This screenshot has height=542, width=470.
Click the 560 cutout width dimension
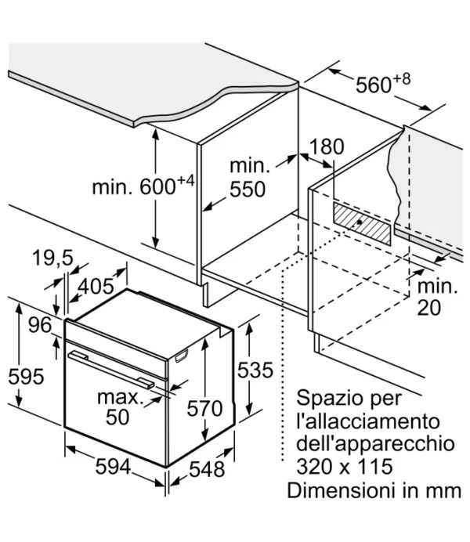pyautogui.click(x=383, y=83)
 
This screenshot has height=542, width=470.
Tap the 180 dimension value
pyautogui.click(x=326, y=146)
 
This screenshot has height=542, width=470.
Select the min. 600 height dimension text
pyautogui.click(x=143, y=186)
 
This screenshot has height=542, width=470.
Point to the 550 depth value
pyautogui.click(x=248, y=190)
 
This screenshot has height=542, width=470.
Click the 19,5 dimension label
pyautogui.click(x=52, y=258)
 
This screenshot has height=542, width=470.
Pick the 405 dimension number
pyautogui.click(x=96, y=287)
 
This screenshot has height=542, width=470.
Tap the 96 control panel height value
pyautogui.click(x=40, y=325)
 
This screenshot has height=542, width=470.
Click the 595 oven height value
pyautogui.click(x=27, y=377)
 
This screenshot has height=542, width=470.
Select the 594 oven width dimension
pyautogui.click(x=113, y=467)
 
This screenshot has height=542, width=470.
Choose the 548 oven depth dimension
pyautogui.click(x=207, y=469)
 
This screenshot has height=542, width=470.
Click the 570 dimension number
pyautogui.click(x=204, y=408)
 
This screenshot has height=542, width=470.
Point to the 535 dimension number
pyautogui.click(x=255, y=370)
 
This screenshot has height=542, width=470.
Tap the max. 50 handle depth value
pyautogui.click(x=120, y=407)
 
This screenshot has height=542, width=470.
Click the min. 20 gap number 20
pyautogui.click(x=429, y=307)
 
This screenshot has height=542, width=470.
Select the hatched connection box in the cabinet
pyautogui.click(x=362, y=224)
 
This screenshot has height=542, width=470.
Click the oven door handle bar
pyautogui.click(x=111, y=370)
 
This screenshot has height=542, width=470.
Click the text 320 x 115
pyautogui.click(x=345, y=466)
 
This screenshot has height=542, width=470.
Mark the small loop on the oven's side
pyautogui.click(x=182, y=356)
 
